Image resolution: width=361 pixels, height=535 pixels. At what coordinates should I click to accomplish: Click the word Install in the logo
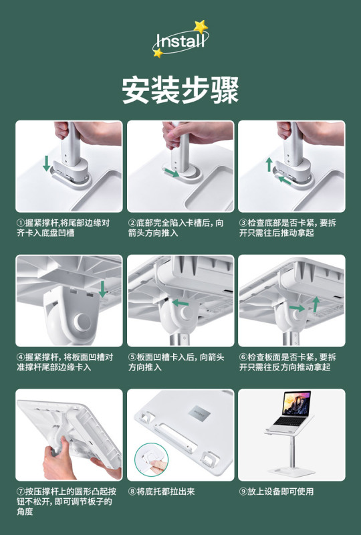point(180,41)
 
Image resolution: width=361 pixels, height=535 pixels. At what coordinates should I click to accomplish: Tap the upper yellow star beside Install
point(201,27)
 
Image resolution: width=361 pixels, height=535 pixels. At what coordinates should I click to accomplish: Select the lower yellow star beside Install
point(158,53)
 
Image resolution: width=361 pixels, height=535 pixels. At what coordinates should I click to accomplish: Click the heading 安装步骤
point(180,90)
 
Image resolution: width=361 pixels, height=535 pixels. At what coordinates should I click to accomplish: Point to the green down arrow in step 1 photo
point(46,163)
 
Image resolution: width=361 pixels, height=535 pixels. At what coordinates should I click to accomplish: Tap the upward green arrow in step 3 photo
point(269,165)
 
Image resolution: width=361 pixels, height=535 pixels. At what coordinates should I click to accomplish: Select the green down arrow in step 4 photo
point(102,289)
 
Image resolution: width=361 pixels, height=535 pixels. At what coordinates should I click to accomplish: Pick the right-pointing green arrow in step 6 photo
point(297,308)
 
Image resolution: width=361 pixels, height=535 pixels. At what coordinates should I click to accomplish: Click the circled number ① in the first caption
point(21,223)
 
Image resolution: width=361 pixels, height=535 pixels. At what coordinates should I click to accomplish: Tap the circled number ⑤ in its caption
point(132,357)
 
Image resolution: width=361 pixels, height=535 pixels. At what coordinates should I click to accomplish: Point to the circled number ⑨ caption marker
point(243,492)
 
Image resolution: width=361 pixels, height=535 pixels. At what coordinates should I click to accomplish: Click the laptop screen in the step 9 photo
point(296,403)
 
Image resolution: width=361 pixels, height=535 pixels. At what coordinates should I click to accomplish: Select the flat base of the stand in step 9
point(291,471)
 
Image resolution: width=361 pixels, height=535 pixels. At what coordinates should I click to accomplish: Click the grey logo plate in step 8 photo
point(199,412)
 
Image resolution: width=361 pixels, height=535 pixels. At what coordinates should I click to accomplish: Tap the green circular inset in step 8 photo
point(151,459)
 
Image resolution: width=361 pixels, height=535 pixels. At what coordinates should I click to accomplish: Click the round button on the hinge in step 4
point(83,321)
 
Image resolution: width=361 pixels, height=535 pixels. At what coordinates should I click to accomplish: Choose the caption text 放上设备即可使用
point(281,492)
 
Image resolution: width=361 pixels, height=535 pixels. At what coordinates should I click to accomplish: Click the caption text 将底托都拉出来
point(166,492)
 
